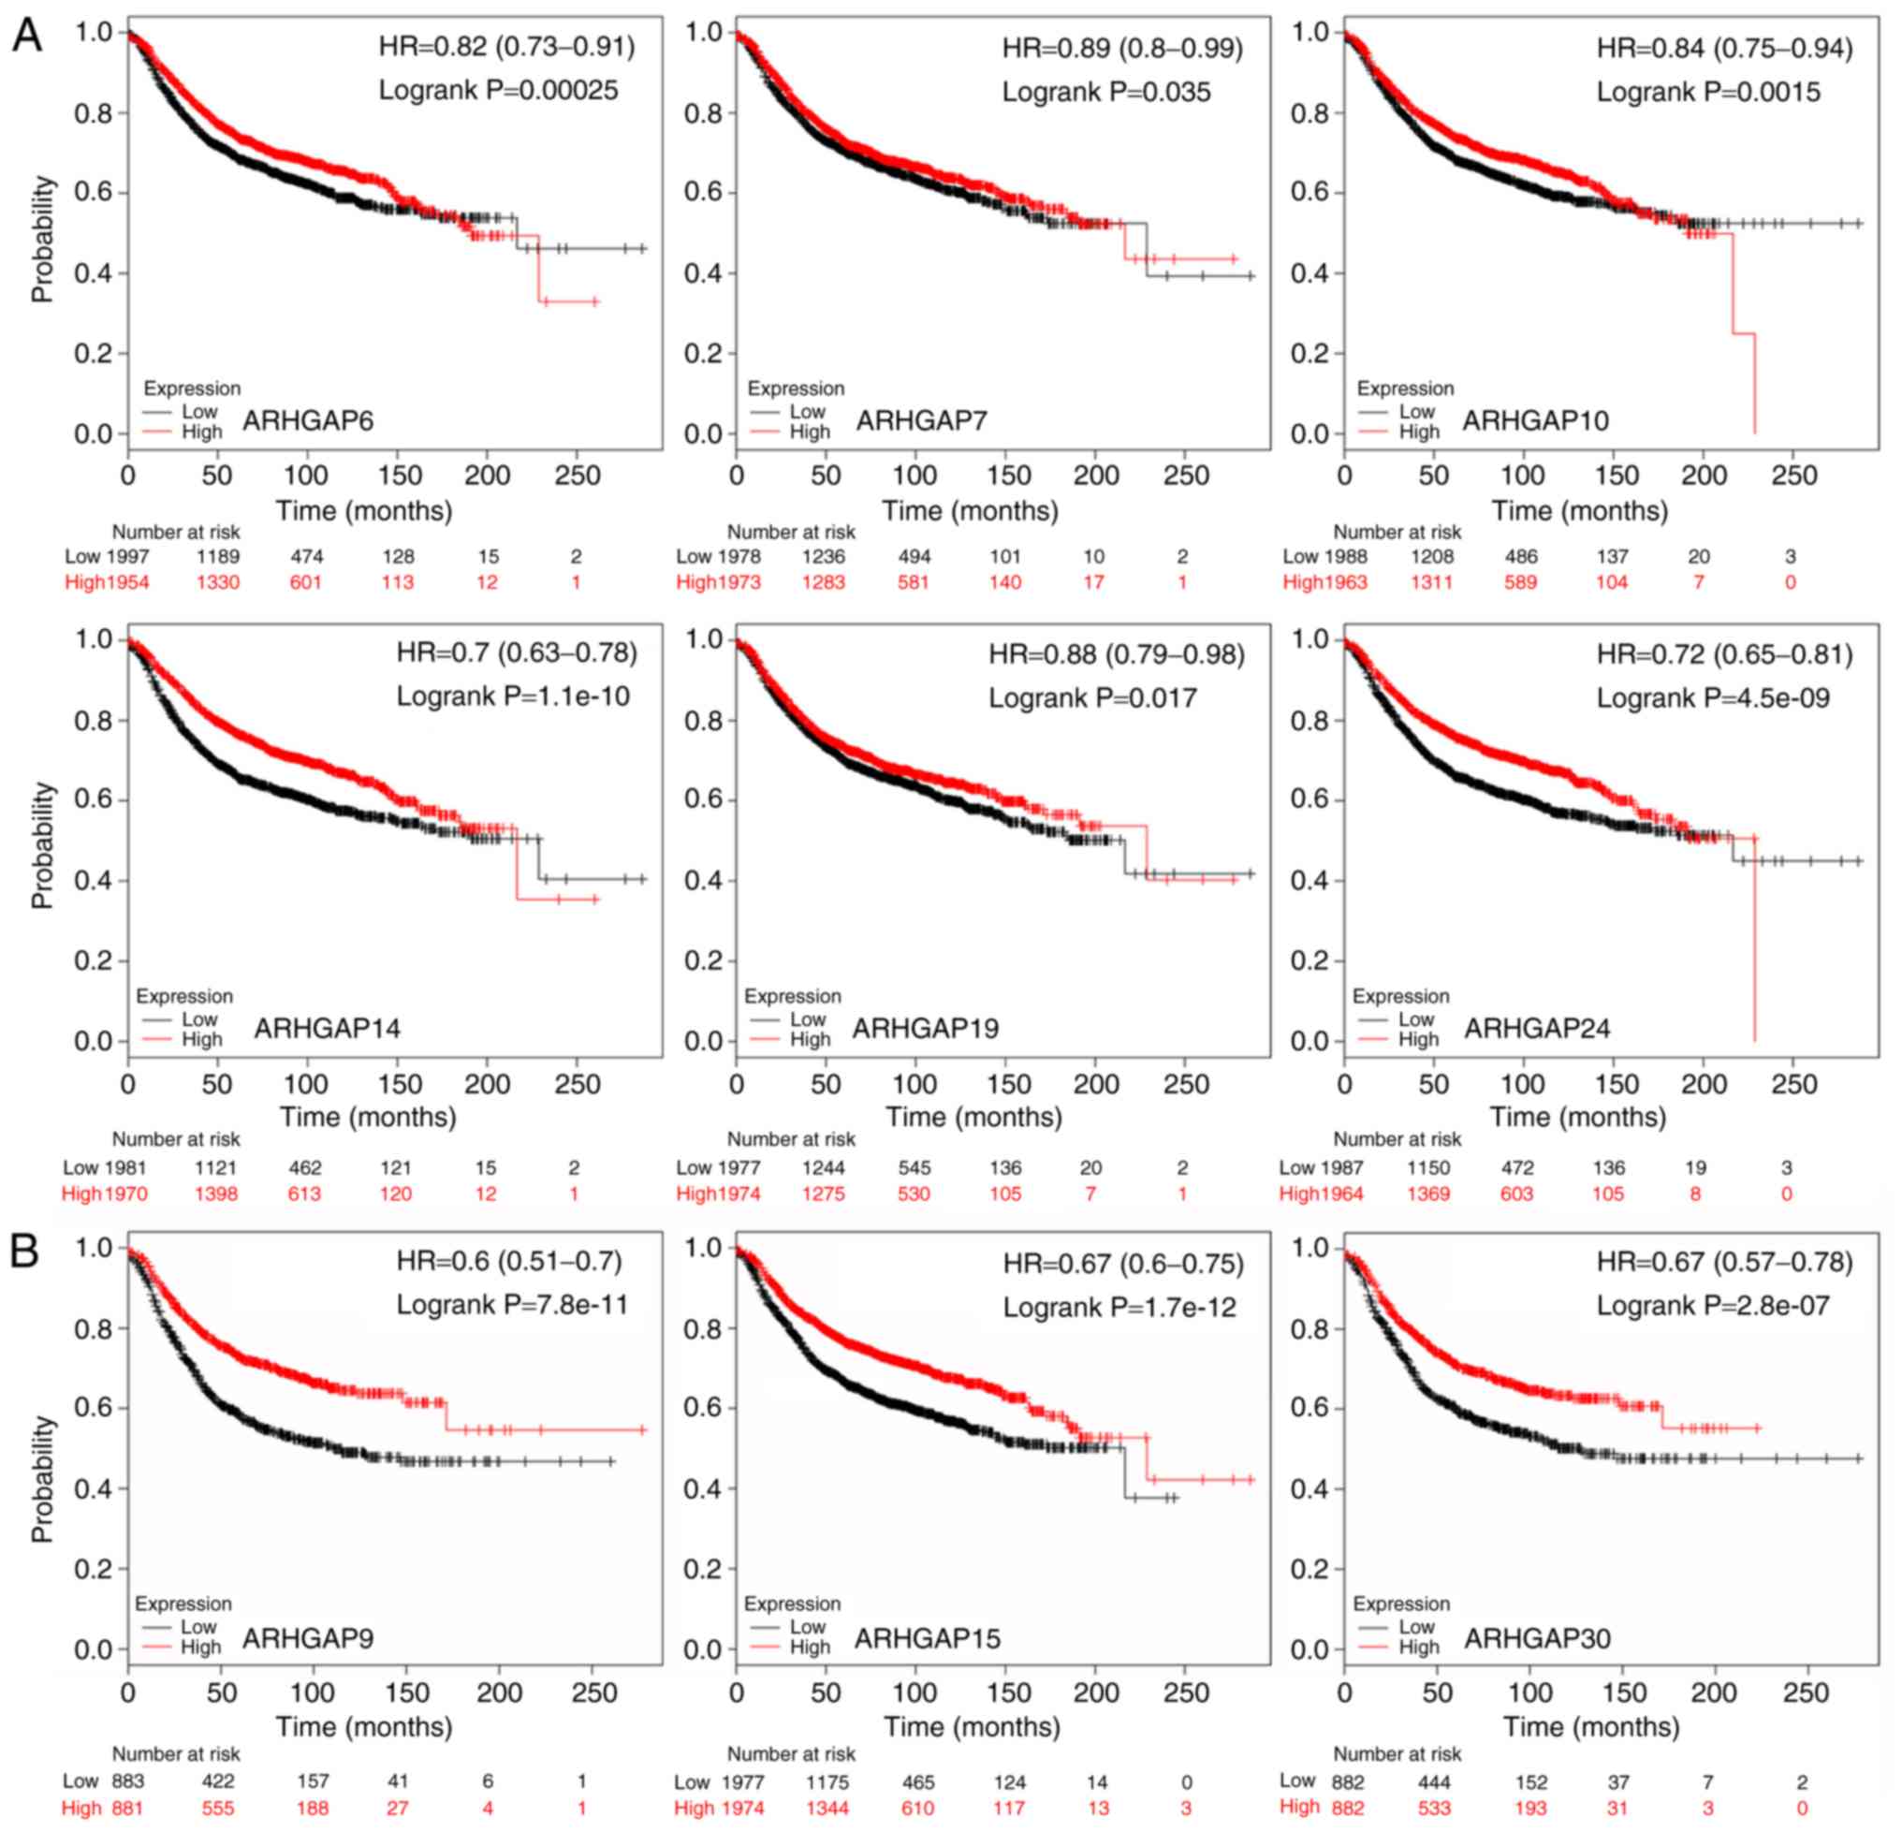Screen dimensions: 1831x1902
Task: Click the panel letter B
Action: point(25,1251)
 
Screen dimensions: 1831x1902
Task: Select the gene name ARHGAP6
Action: point(308,421)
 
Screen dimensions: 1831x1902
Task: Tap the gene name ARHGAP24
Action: point(1537,1029)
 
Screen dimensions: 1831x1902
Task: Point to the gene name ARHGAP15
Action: point(927,1638)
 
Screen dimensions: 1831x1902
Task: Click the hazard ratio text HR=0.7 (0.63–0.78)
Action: point(517,653)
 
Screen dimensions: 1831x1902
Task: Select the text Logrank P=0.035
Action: point(1106,92)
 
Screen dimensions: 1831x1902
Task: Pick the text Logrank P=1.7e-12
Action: point(1119,1307)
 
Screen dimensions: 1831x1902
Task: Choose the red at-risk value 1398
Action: point(215,1194)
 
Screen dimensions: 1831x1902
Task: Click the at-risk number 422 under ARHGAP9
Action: point(217,1780)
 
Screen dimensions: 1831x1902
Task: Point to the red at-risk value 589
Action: point(1521,582)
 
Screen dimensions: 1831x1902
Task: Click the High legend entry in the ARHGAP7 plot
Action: point(810,432)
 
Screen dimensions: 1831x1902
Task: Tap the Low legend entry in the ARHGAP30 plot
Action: point(1416,1626)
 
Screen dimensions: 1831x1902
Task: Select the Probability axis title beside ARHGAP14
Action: point(43,845)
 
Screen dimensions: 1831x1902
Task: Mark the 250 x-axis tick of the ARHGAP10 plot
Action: point(1794,476)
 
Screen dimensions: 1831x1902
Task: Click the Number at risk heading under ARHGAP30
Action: point(1397,1753)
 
